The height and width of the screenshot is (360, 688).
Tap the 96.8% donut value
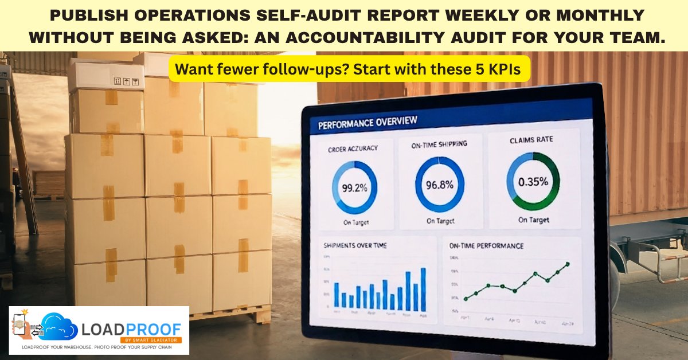coord(440,185)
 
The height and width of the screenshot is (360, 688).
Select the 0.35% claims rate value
coord(533,182)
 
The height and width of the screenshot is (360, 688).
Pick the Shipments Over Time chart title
coord(355,245)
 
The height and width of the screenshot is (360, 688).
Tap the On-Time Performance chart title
coord(486,246)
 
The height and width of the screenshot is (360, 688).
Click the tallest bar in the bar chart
coord(423,289)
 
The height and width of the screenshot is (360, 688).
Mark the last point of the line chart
coord(568,264)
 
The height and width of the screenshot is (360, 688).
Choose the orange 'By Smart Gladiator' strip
coord(157,340)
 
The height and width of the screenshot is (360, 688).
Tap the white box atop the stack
coord(106,76)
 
